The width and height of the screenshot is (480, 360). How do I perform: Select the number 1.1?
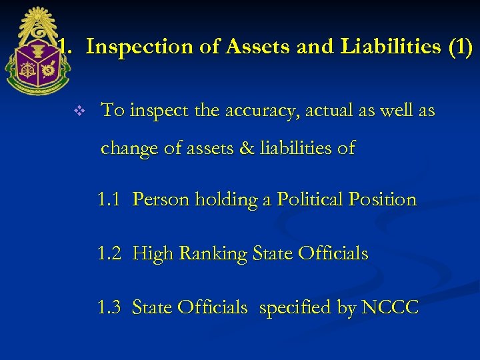click(x=109, y=199)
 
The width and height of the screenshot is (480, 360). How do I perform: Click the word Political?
click(x=309, y=199)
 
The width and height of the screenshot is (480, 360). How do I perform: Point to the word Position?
click(x=382, y=199)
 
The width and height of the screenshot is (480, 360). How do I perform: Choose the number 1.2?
click(x=109, y=253)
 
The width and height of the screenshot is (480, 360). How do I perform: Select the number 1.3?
click(x=109, y=307)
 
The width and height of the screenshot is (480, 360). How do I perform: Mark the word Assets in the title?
click(x=257, y=47)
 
